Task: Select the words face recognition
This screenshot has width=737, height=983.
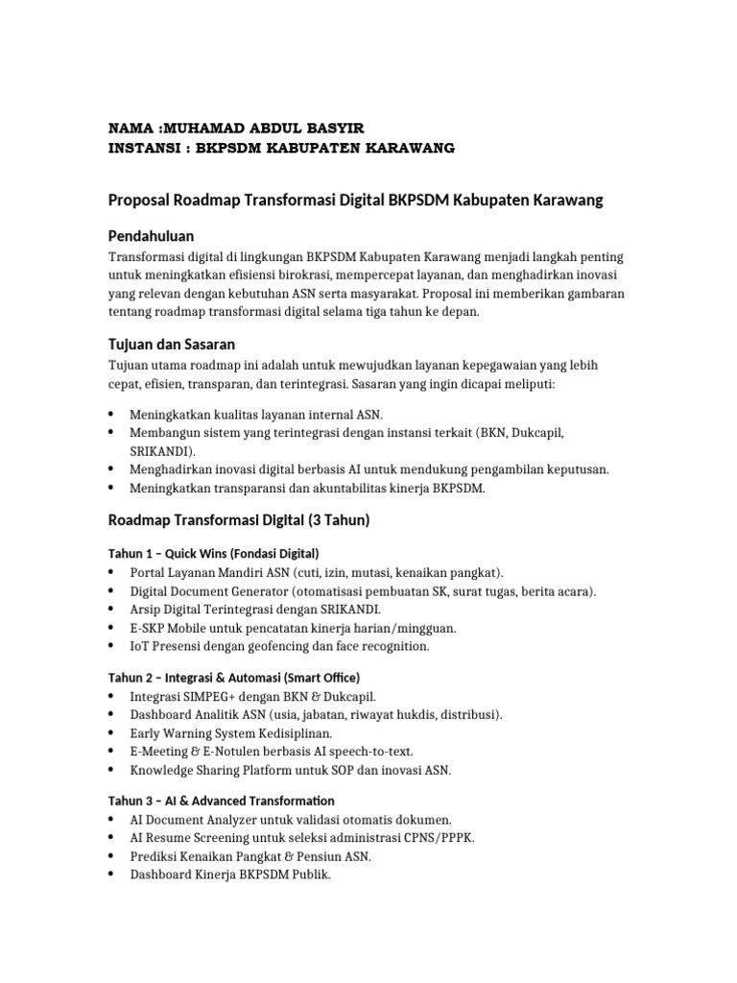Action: coord(383,646)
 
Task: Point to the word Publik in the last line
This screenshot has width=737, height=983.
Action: coord(310,875)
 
